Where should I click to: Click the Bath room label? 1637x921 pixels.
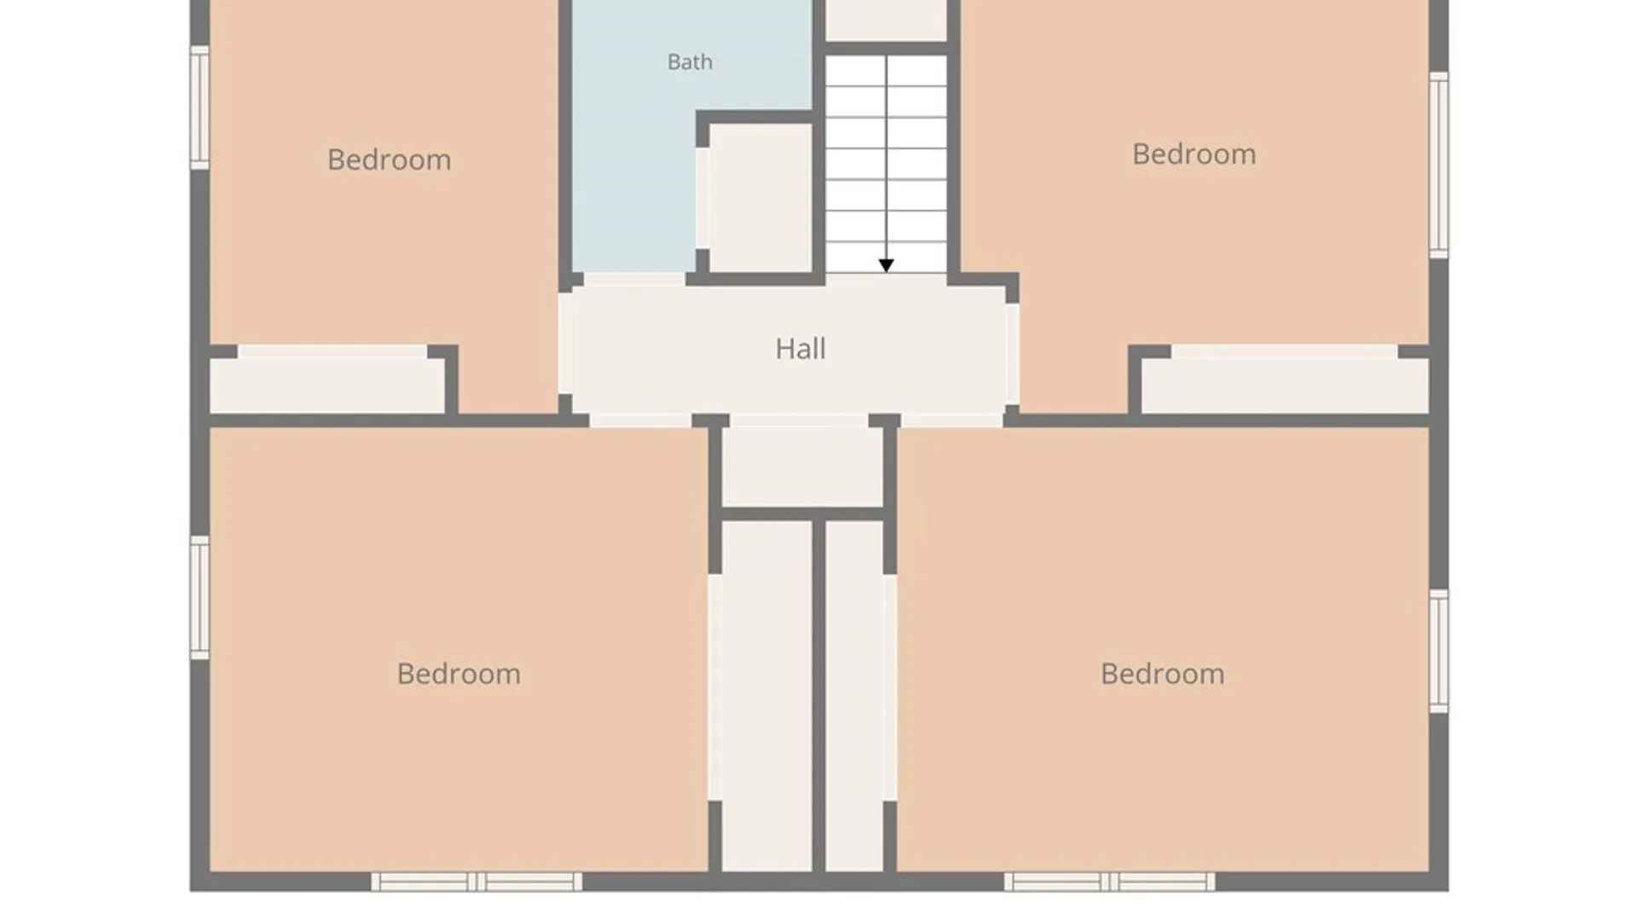point(690,62)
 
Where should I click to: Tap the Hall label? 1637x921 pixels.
point(801,349)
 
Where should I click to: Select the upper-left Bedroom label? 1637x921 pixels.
point(390,159)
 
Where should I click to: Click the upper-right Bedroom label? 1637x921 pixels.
point(1194,154)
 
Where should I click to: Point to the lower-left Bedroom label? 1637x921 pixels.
point(459,674)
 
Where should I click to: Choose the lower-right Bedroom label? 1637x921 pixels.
point(1162,674)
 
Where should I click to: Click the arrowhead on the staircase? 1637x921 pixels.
point(886,266)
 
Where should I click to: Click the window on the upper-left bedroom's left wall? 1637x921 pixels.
point(200,107)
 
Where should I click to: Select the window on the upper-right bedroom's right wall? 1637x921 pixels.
point(1438,165)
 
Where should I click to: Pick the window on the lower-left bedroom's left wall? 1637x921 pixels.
point(200,598)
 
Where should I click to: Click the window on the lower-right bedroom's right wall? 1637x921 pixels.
point(1438,652)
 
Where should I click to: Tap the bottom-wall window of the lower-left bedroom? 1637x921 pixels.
point(477,882)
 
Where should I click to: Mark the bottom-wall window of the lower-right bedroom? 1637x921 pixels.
point(1109,882)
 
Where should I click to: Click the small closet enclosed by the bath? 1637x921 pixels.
point(761,199)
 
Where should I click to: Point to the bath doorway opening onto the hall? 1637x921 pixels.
point(634,279)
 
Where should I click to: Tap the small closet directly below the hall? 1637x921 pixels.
point(802,466)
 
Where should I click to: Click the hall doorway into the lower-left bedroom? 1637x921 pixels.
point(640,420)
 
